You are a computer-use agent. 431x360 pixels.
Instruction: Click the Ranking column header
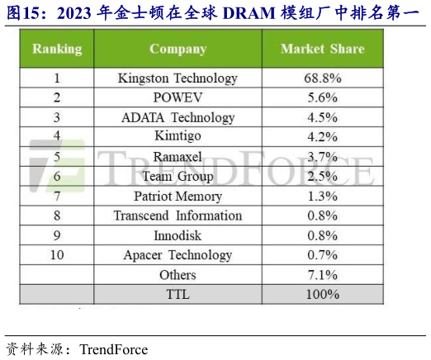[57, 50]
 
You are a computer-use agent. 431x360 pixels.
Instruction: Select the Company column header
[178, 50]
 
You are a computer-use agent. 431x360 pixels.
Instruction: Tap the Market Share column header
[322, 50]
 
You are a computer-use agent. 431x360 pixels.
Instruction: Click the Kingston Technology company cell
[178, 78]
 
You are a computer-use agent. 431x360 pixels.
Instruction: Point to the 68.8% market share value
[322, 78]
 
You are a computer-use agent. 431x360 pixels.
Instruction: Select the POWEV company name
[178, 98]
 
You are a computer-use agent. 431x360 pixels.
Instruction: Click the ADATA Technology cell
[178, 117]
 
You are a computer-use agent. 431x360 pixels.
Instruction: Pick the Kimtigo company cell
[178, 136]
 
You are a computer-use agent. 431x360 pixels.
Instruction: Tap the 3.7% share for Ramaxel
[322, 156]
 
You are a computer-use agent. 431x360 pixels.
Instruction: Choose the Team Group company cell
[178, 176]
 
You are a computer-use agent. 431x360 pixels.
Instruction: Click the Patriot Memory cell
[178, 196]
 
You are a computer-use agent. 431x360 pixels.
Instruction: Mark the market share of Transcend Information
[322, 216]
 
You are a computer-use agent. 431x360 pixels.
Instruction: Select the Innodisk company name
[178, 235]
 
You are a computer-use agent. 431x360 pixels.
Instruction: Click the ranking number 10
[57, 255]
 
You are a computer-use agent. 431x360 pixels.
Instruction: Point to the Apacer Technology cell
[178, 255]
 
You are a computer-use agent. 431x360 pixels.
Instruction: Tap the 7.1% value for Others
[322, 274]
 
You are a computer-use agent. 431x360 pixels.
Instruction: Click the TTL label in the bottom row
[178, 294]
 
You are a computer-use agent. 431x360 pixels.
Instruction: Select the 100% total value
[322, 294]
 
